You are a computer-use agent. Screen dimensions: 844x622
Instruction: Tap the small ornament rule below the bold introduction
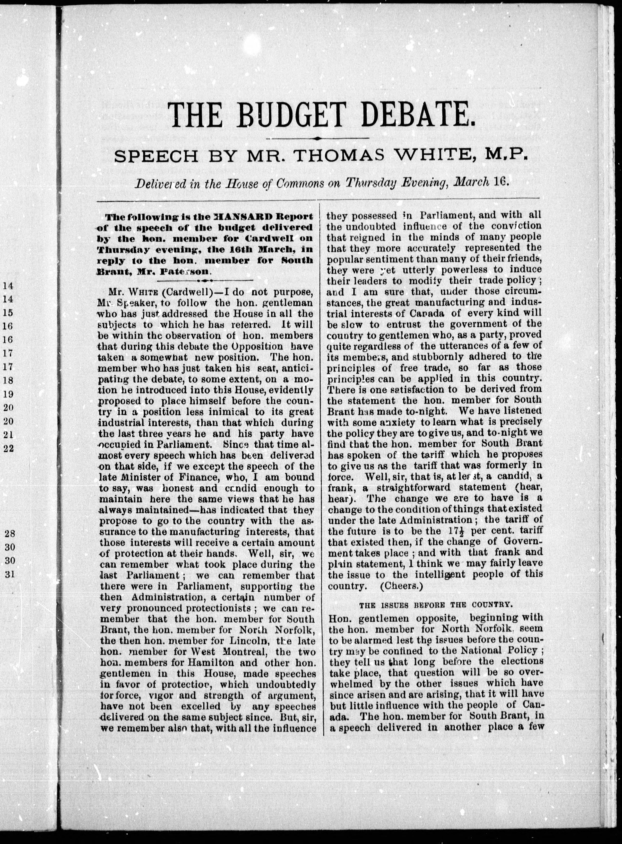205,281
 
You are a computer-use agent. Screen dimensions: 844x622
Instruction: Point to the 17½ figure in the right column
454,531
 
